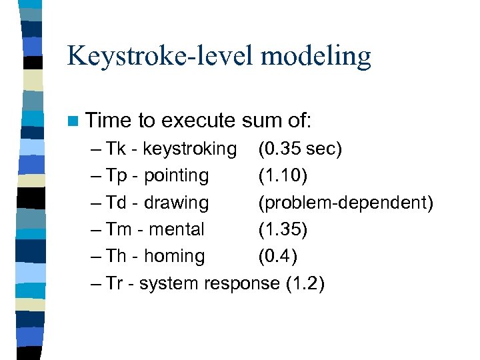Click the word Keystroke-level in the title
click(x=160, y=56)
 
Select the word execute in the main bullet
click(x=199, y=121)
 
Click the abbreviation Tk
click(x=116, y=149)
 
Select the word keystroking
click(x=190, y=149)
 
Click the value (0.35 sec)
click(x=300, y=149)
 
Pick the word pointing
click(x=176, y=175)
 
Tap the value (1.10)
click(x=283, y=175)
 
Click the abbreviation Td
click(x=117, y=202)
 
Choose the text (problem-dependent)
click(x=345, y=202)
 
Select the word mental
click(x=176, y=229)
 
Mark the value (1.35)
click(x=283, y=229)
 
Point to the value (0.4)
click(x=278, y=256)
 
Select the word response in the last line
click(x=241, y=283)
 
